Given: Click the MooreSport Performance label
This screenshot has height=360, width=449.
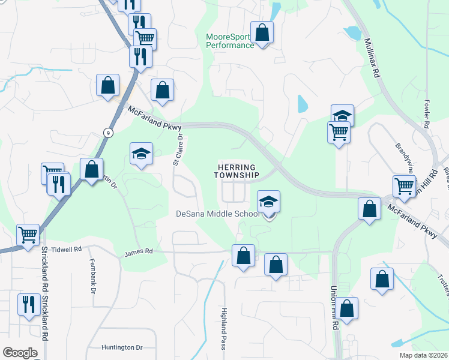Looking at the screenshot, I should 230,41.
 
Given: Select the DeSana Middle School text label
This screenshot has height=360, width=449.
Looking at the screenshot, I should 217,214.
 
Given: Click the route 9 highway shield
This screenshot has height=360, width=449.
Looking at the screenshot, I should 107,133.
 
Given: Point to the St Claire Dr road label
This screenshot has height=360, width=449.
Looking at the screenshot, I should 178,149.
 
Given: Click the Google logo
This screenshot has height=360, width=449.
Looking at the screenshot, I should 20,353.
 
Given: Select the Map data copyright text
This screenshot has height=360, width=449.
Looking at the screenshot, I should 424,355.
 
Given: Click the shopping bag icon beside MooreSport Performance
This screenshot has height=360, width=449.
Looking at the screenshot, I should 262,32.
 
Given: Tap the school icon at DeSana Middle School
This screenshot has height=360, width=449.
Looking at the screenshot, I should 268,202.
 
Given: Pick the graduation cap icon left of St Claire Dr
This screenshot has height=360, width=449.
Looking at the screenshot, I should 142,154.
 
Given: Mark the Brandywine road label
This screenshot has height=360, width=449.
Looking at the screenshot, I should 405,155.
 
